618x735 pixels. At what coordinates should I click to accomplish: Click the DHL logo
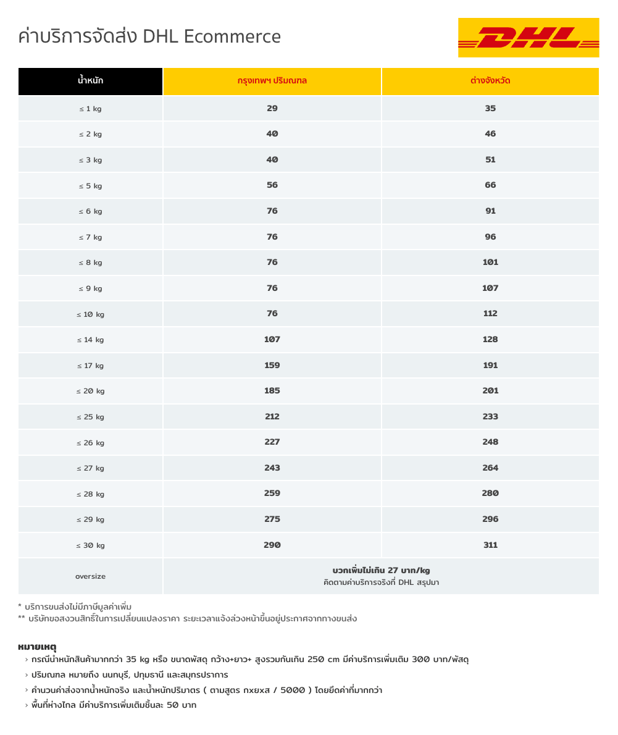point(528,38)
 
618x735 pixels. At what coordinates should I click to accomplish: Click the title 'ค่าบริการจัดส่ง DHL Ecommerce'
point(149,36)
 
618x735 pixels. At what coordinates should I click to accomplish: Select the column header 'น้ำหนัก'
point(91,81)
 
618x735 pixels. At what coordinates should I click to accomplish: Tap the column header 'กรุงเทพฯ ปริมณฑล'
point(272,81)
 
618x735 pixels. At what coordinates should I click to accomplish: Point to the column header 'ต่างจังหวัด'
point(490,81)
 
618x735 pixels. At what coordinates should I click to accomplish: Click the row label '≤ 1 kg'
point(91,109)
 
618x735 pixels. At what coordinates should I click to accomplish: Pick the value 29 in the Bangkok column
point(272,108)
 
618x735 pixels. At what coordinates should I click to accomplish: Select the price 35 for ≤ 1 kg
point(490,108)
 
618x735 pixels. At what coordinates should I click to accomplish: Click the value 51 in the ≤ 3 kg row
point(490,159)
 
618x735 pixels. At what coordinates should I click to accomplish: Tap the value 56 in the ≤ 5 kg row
point(272,185)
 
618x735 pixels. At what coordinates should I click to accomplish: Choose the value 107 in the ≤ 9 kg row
point(490,288)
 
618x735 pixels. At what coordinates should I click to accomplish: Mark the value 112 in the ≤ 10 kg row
point(490,314)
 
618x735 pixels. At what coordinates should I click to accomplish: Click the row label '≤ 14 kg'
point(91,340)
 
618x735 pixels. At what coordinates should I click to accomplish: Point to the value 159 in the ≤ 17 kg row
point(272,365)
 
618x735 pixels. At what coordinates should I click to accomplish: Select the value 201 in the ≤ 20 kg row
point(490,391)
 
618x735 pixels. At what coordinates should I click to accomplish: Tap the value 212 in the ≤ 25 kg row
point(272,416)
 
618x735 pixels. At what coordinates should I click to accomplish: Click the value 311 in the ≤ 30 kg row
point(490,545)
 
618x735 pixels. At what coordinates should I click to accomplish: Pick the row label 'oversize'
point(91,576)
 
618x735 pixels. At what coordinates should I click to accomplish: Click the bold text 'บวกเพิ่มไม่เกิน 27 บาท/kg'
point(381,570)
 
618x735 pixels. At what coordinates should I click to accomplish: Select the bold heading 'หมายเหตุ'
point(37,647)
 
